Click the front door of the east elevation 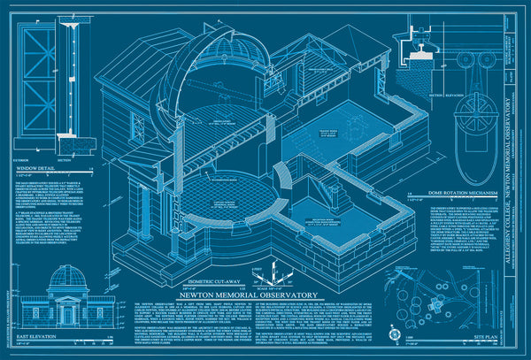pos(67,315)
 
